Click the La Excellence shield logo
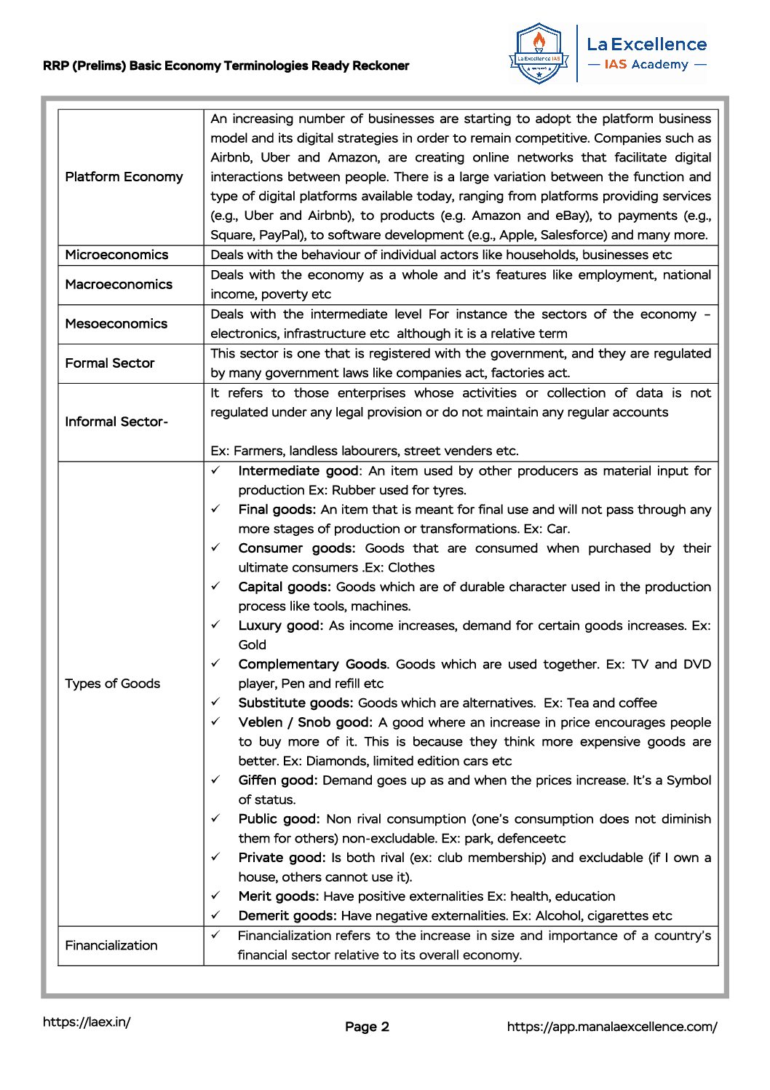(539, 52)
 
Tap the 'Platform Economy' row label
(124, 177)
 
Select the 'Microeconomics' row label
(116, 255)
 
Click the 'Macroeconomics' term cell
(119, 285)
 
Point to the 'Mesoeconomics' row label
(116, 324)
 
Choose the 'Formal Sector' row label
(110, 363)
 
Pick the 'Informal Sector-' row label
(116, 422)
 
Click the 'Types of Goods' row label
(112, 684)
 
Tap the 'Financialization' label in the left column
(111, 946)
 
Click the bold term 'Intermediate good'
(298, 471)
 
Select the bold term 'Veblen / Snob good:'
(305, 722)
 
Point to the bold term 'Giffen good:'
(277, 781)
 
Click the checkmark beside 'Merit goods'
(216, 896)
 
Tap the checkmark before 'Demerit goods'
(216, 915)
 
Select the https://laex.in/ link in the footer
(87, 1022)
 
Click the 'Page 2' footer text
(367, 1027)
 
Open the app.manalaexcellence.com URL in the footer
(611, 1027)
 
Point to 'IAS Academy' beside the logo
(646, 65)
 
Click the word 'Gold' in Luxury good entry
(252, 645)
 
